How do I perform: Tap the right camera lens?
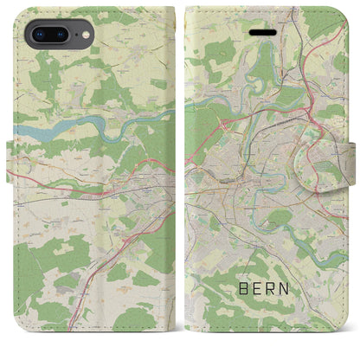point(61,35)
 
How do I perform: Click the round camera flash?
point(82,35)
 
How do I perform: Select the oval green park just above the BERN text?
point(279,216)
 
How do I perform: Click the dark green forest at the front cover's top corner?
point(329,22)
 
